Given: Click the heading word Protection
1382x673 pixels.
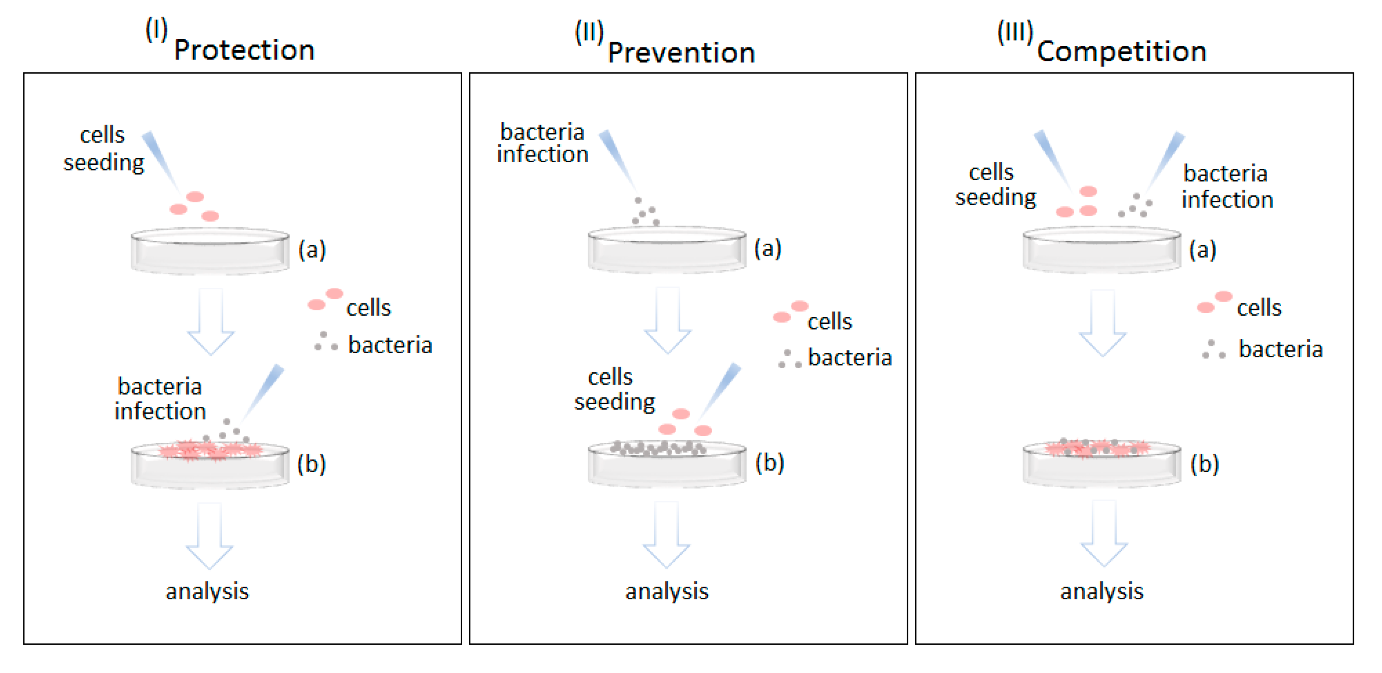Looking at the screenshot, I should point(244,51).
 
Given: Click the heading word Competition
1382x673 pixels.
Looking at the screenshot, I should point(1121,51).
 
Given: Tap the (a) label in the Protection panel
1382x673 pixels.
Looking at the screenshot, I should point(312,250).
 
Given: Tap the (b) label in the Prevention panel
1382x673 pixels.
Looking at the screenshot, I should point(769,463).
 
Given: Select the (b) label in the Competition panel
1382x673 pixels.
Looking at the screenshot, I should point(1204,464).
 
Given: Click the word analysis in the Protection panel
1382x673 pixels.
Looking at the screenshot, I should point(207,591).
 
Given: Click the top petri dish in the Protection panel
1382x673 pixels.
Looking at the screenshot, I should point(210,251).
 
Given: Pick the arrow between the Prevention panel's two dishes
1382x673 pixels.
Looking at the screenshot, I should point(667,321).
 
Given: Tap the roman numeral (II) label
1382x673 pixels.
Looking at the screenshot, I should point(589,32).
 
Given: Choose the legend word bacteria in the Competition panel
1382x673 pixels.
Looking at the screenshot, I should point(1280,349).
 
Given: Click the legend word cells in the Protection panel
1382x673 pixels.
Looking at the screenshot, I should point(368,308).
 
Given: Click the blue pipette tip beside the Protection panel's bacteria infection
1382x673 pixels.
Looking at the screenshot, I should point(265,392).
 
